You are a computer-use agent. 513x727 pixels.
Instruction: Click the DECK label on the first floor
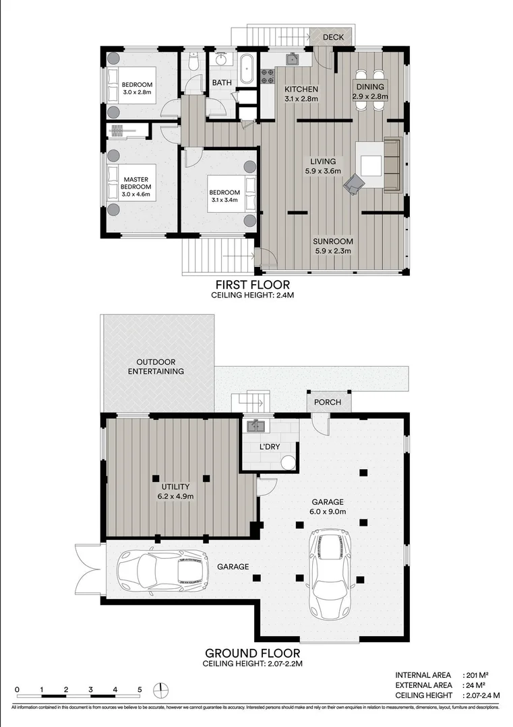coord(333,37)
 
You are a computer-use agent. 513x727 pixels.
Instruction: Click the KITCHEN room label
coord(301,90)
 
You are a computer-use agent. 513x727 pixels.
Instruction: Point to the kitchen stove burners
coord(267,77)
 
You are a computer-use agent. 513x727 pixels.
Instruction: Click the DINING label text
coord(370,87)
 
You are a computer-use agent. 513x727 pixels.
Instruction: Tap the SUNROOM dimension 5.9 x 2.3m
coord(334,251)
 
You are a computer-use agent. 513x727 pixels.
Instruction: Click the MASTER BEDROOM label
coord(135,182)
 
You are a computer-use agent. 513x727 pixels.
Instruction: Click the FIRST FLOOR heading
coord(252,285)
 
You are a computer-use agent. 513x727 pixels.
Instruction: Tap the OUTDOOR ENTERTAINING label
coord(156,366)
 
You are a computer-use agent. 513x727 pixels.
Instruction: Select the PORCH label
coord(327,403)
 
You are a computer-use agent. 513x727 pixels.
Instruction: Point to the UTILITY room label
coord(175,487)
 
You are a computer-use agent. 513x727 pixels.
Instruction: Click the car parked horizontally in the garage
coord(162,569)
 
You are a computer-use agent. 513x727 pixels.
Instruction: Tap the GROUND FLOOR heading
coord(252,653)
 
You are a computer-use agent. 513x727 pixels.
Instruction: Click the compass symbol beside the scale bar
coord(160,690)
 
